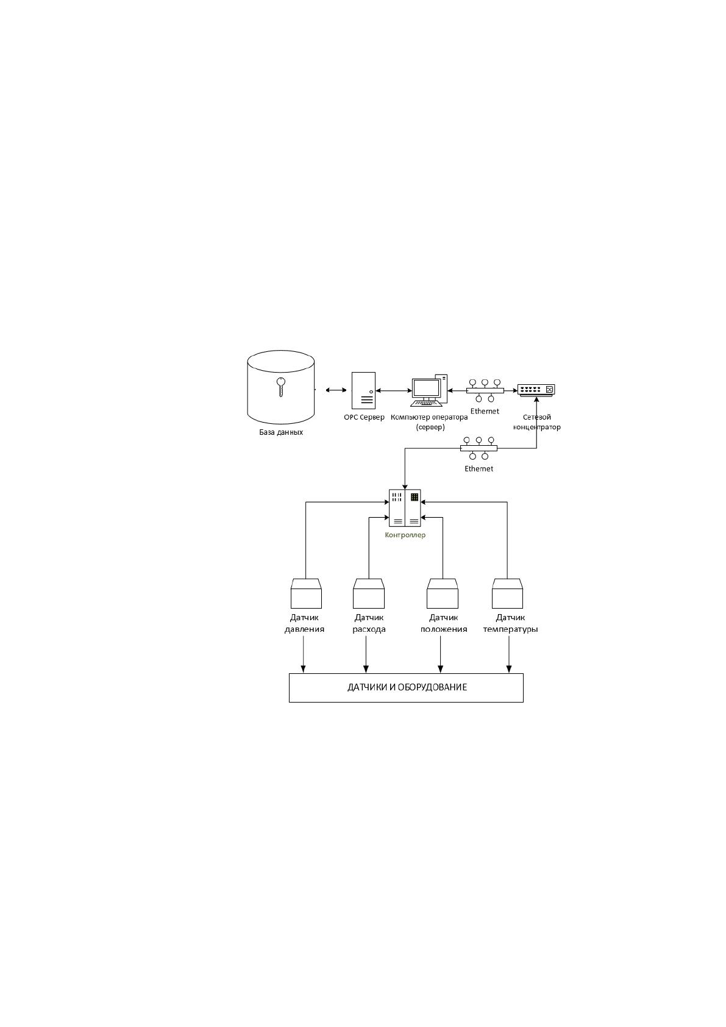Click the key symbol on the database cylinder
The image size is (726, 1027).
click(280, 386)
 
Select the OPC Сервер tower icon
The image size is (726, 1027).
click(363, 390)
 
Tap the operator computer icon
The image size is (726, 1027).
click(429, 391)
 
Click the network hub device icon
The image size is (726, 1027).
click(536, 390)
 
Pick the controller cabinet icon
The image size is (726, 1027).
click(405, 507)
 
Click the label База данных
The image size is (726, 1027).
click(281, 432)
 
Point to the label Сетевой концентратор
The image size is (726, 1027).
click(536, 422)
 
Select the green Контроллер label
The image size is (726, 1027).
click(405, 535)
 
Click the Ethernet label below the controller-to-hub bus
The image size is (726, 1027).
click(479, 468)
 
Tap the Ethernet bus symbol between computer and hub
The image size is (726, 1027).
click(485, 390)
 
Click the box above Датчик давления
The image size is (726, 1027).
click(306, 593)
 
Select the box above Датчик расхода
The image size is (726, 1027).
click(369, 593)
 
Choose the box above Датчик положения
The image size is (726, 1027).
click(443, 593)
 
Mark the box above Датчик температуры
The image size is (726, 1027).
click(507, 593)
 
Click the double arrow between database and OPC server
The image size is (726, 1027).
click(336, 390)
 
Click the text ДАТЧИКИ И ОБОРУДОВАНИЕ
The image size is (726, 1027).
click(407, 687)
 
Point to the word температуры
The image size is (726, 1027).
click(510, 629)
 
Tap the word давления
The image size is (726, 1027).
click(304, 629)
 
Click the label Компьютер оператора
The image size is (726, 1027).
click(429, 417)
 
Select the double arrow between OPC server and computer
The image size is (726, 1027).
click(393, 391)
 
